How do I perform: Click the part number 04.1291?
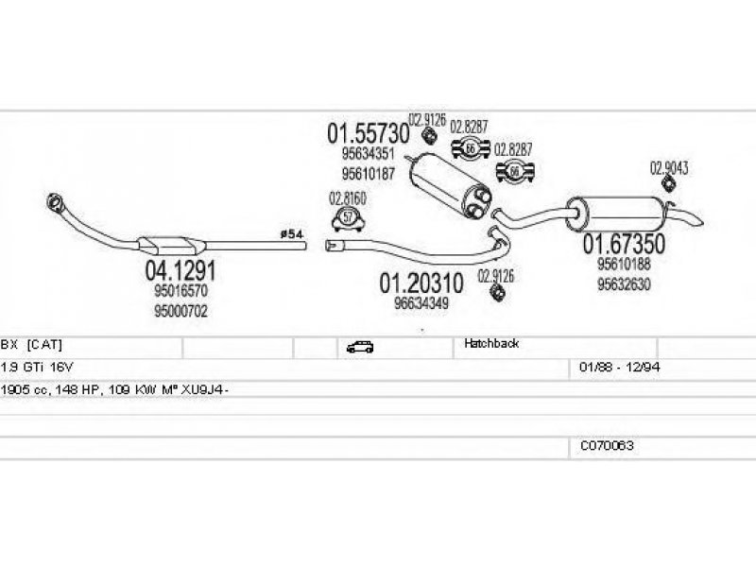(180, 271)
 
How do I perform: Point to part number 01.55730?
(368, 133)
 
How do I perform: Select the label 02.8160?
(347, 198)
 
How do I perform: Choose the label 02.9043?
(668, 168)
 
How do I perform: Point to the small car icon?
(360, 347)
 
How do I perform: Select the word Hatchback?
(491, 344)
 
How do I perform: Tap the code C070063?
(607, 444)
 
